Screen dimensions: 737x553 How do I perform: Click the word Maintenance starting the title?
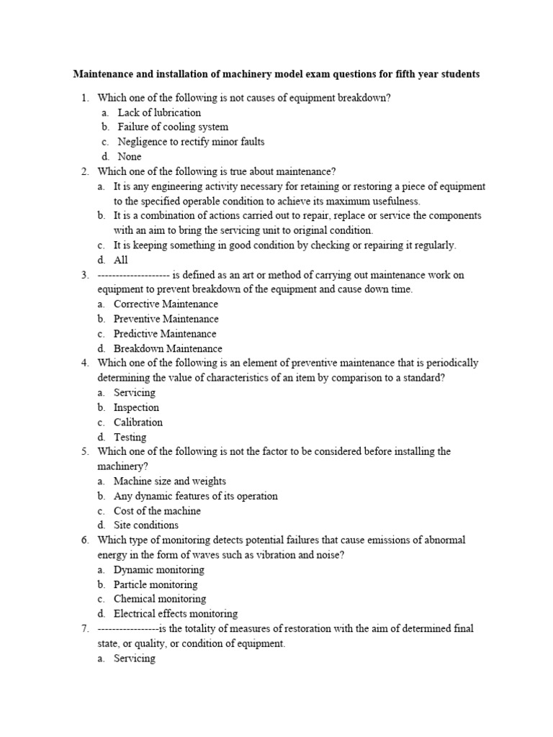(x=103, y=74)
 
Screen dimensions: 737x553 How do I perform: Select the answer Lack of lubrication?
(x=159, y=112)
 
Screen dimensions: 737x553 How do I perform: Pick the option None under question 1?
(x=130, y=156)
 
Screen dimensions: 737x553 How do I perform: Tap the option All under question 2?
(x=120, y=260)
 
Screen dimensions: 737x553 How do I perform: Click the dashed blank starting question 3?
(x=133, y=275)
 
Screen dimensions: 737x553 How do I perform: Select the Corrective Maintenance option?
(x=166, y=304)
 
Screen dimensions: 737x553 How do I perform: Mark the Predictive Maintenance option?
(x=165, y=333)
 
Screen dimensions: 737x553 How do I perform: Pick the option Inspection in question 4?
(x=136, y=407)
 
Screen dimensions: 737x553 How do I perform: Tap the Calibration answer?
(x=138, y=422)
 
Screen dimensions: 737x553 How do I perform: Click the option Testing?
(x=130, y=437)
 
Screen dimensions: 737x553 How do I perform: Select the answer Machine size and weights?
(x=169, y=481)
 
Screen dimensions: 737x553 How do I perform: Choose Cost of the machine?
(x=157, y=510)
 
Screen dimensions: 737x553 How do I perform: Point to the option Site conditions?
(x=146, y=525)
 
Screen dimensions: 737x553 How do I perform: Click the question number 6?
(x=84, y=540)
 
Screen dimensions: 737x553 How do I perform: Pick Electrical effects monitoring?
(x=176, y=613)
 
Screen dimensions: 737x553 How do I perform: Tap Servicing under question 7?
(x=135, y=658)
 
